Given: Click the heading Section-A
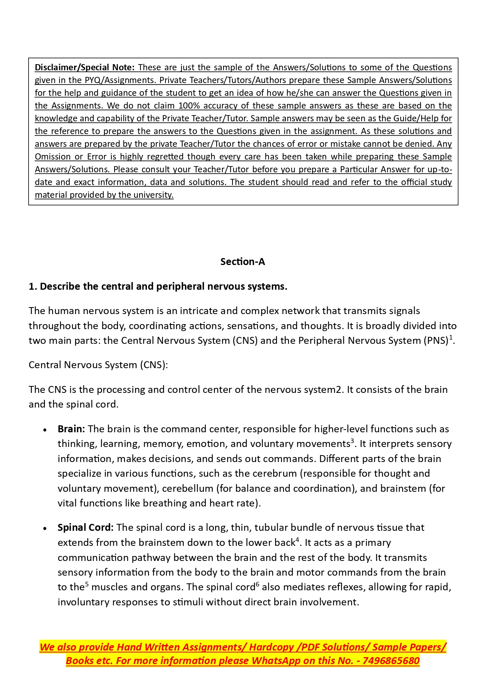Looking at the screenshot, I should point(243,262).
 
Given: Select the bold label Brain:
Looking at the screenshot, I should point(71,429).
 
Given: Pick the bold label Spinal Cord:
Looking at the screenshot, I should point(85,528).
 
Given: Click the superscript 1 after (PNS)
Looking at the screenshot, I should point(451,338).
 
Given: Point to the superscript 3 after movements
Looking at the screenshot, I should point(352,441).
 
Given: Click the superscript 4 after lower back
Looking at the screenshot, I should point(297,540).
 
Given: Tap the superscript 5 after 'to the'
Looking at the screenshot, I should point(87,585).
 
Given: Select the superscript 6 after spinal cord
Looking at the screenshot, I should point(258,585).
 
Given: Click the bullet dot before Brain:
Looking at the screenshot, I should point(45,430).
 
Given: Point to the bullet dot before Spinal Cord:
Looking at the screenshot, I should point(45,528).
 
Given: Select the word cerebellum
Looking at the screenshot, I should point(188,489).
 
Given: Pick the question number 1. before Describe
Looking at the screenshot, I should point(33,287).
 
